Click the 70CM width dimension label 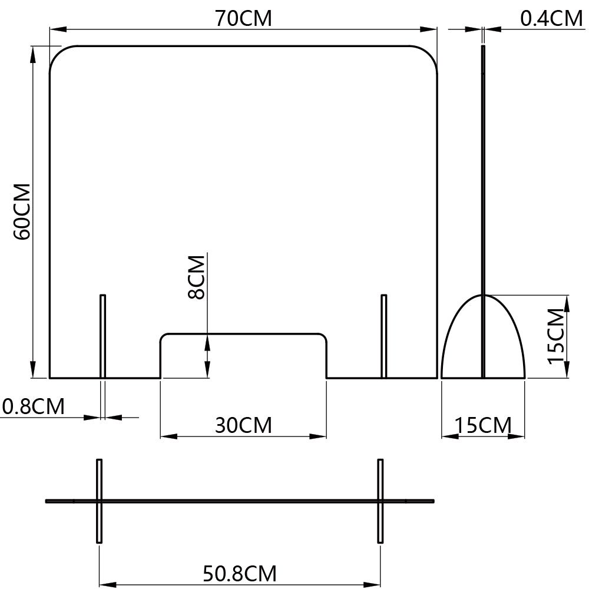coord(243,18)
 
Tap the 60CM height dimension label coord(22,211)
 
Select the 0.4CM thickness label coord(551,18)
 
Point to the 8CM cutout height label coord(196,277)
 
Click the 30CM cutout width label coord(243,425)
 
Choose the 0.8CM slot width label coord(34,406)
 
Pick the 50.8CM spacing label coord(240,574)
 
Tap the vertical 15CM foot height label coord(557,336)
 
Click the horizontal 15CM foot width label coord(483,425)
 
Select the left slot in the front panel coord(102,336)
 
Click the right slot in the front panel coord(383,336)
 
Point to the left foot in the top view coord(99,501)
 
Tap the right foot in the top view coord(380,501)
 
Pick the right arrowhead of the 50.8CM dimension coord(372,585)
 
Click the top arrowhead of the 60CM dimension coord(33,54)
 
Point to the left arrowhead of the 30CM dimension coord(169,436)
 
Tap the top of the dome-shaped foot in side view coord(483,295)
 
